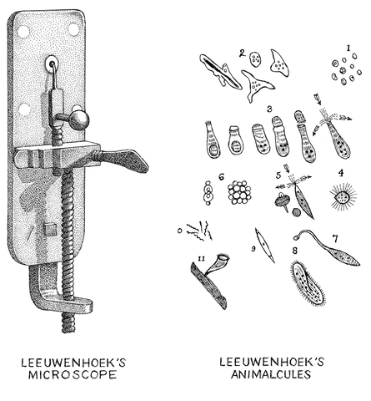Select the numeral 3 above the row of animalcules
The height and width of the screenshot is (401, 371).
click(270, 109)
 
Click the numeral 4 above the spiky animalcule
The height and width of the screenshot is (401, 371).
click(340, 175)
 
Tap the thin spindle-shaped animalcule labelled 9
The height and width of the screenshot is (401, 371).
click(266, 246)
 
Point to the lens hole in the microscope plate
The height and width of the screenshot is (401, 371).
click(53, 63)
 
